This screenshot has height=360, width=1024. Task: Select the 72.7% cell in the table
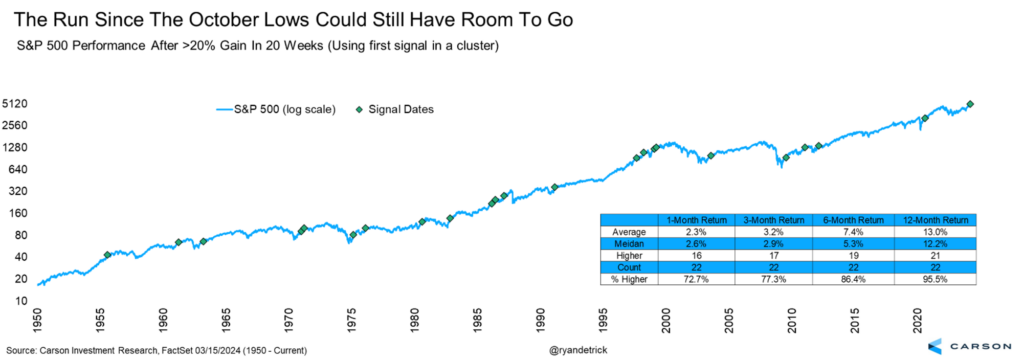684,278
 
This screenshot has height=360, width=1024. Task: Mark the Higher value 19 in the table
852,255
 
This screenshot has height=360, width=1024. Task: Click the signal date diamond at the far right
971,104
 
